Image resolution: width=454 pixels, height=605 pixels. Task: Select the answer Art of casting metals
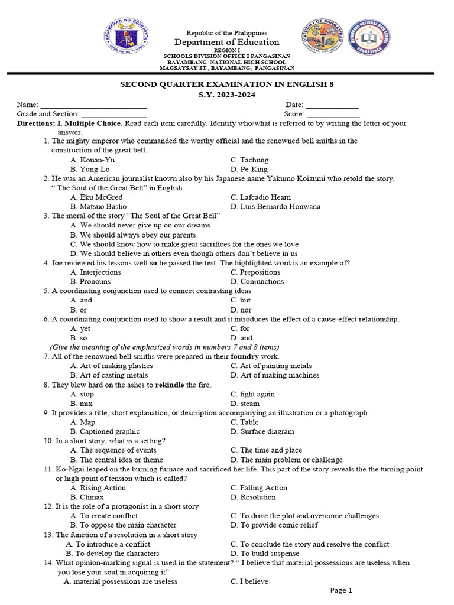(109, 375)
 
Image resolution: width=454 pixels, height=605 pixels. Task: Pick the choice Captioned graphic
(105, 432)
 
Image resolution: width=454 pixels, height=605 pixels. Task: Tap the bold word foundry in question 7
(245, 357)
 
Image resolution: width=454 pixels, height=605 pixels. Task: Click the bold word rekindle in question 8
(170, 385)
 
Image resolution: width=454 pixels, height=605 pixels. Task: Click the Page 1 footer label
(341, 590)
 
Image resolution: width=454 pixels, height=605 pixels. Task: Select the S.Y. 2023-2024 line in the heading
(227, 95)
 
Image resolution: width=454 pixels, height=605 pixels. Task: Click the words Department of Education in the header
(227, 43)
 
